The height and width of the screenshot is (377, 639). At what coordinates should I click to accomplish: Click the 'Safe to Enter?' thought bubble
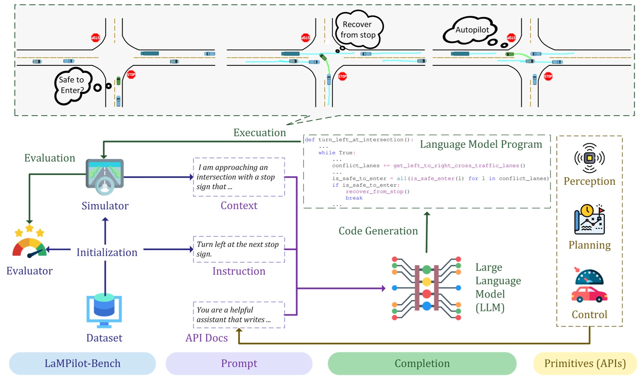[73, 85]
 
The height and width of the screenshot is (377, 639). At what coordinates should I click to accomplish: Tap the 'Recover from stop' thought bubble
[358, 29]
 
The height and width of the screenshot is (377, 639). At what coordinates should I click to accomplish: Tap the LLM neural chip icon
[426, 288]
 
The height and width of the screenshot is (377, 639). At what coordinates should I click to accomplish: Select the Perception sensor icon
[589, 158]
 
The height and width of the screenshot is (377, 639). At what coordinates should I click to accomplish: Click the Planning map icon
[589, 219]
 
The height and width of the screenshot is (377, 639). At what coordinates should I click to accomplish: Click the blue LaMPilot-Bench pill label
[82, 363]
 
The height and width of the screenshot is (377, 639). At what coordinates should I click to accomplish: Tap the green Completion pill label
[422, 363]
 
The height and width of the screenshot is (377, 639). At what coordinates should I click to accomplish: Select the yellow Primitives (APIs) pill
[585, 363]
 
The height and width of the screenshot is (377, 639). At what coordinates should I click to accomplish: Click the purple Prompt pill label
[239, 363]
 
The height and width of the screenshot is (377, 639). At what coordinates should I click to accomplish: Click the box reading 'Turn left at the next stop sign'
[239, 249]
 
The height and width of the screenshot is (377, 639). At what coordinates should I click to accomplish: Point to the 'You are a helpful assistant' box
[239, 315]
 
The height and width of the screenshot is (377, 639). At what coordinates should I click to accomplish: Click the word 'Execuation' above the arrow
[259, 133]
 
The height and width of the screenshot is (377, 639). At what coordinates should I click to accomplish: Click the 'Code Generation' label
[378, 231]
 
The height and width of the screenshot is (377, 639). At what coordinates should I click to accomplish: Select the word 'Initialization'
[107, 252]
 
